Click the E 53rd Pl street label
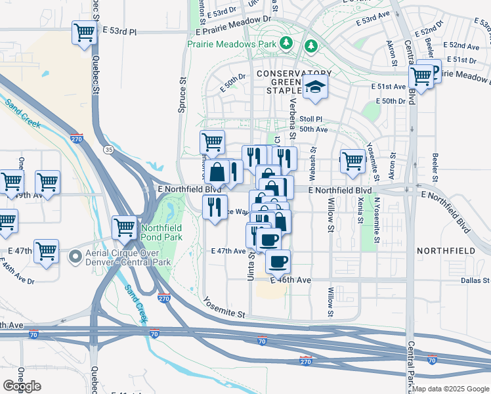click(x=120, y=31)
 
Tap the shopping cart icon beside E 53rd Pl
click(x=84, y=32)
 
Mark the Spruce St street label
click(x=182, y=97)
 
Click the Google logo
click(x=22, y=386)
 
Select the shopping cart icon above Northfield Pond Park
click(x=124, y=228)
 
